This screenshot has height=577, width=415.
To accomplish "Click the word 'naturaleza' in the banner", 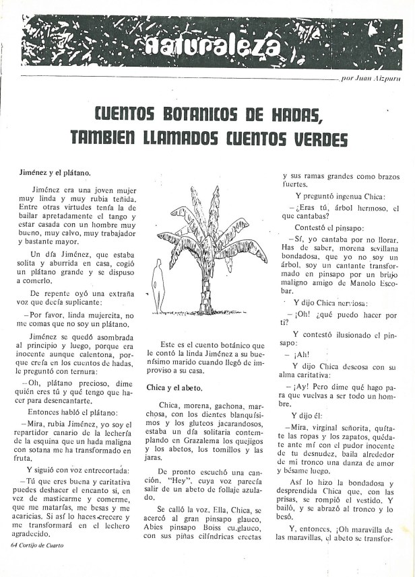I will pos(212,46).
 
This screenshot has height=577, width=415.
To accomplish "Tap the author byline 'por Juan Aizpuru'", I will pos(371,78).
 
